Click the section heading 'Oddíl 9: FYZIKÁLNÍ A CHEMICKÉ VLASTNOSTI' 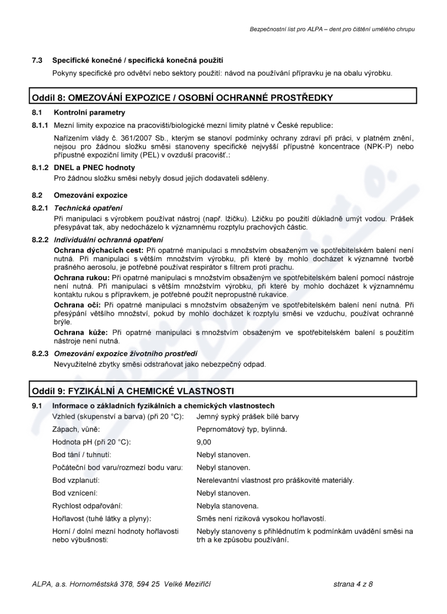[132, 390]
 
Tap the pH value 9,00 [204, 442]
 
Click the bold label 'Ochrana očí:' [77, 305]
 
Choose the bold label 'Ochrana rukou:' [82, 277]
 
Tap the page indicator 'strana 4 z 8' [353, 584]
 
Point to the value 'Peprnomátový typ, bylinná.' [241, 429]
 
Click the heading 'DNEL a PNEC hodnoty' [94, 167]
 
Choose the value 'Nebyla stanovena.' [227, 506]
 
